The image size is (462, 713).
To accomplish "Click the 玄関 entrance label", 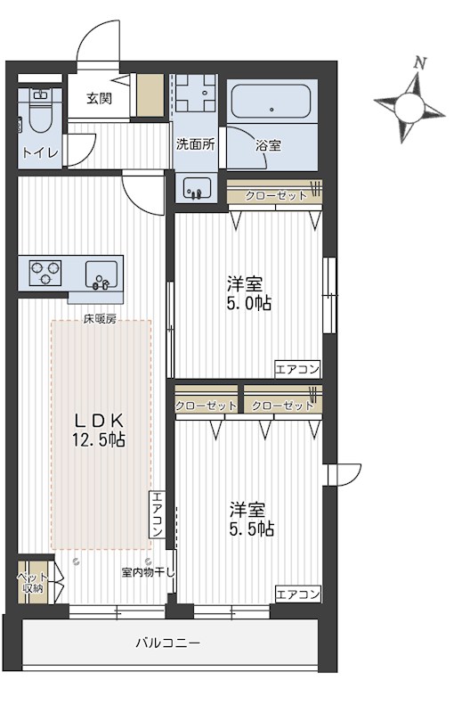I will tap(99, 98).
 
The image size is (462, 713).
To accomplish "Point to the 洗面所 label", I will tap(194, 144).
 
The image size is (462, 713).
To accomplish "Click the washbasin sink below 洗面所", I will tap(197, 187).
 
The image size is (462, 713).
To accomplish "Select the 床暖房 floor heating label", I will tap(100, 319).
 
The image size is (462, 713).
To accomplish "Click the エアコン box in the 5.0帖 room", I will tap(297, 368).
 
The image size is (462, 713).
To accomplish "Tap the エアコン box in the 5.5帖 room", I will tap(297, 594).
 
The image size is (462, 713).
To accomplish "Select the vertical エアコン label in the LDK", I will tap(157, 514).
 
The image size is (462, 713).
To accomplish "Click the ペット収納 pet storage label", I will tap(33, 583).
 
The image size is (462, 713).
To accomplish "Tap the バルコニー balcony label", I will tap(168, 642).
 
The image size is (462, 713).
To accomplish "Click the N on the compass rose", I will tap(420, 63).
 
